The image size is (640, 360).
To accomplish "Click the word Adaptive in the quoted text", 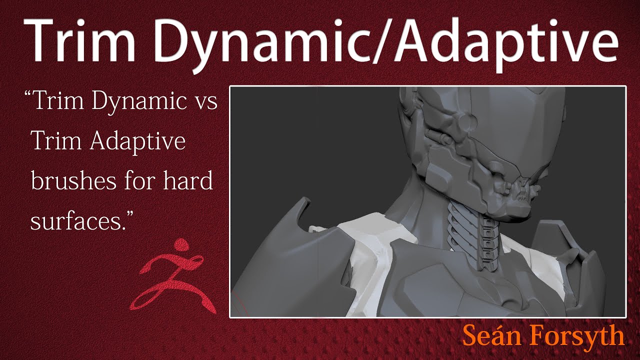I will click(138, 142).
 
